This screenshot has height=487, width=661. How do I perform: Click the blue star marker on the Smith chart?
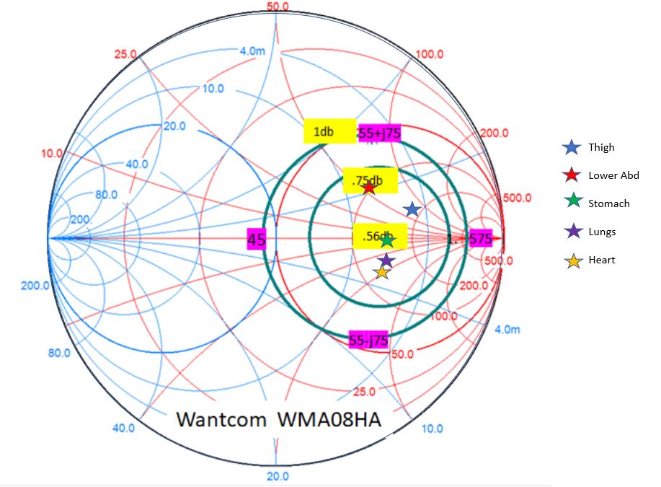tap(412, 209)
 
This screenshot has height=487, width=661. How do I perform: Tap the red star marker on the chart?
tap(368, 188)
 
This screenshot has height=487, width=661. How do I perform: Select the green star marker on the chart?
tap(387, 241)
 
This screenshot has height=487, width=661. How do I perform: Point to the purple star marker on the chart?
tap(386, 260)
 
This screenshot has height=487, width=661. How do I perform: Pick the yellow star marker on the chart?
tap(381, 272)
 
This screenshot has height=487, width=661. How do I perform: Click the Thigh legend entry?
tap(601, 147)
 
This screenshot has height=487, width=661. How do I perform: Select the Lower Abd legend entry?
tap(613, 175)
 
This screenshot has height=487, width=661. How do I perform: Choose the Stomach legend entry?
tap(608, 203)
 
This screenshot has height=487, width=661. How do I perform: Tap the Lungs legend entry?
tap(602, 232)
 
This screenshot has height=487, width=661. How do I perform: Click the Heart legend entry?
tap(601, 260)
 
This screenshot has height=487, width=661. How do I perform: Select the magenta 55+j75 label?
tap(379, 133)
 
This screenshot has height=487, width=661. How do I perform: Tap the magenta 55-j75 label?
tap(368, 341)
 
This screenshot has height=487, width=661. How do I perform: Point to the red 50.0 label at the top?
tap(277, 6)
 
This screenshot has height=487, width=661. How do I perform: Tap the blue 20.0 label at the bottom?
tap(278, 475)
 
